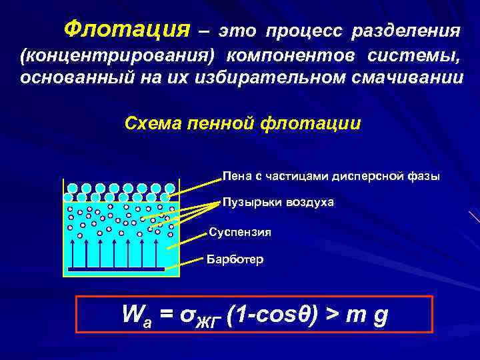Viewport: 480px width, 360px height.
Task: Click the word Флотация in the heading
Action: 125,29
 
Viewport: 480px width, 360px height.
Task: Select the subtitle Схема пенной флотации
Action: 243,123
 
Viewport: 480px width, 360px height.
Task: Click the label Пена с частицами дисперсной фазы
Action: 331,177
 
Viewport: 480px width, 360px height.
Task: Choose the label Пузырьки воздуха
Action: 278,201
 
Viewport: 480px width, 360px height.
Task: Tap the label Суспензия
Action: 240,233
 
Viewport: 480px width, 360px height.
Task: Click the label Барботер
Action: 235,259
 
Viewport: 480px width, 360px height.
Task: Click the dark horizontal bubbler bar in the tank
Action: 116,269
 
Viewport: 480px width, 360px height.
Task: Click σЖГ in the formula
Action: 197,316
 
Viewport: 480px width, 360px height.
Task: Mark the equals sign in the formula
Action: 166,315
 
